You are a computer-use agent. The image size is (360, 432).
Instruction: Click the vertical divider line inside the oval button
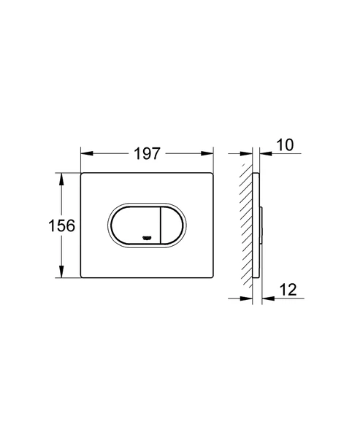tap(161, 225)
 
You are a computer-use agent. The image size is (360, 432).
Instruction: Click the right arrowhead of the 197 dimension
tap(210, 155)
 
